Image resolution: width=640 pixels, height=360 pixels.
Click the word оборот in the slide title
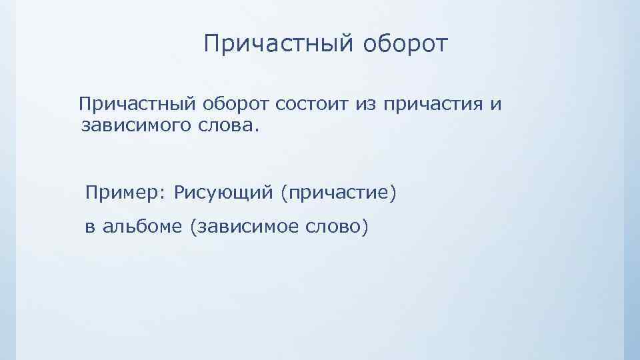tap(406, 45)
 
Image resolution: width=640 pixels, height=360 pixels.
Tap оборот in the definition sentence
tap(236, 105)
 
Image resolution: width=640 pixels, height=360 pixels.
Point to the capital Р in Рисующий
tap(179, 193)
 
